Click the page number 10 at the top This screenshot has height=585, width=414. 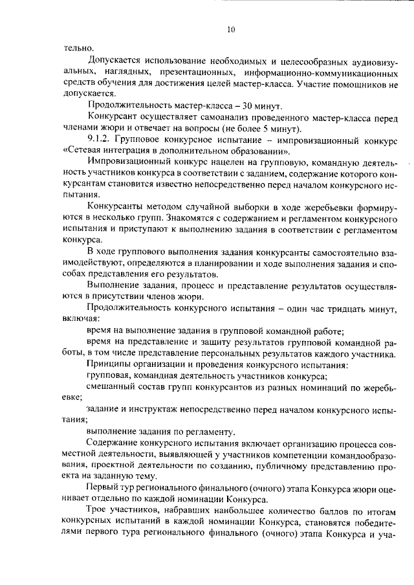pyautogui.click(x=231, y=29)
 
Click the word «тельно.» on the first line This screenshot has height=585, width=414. pyautogui.click(x=79, y=48)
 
